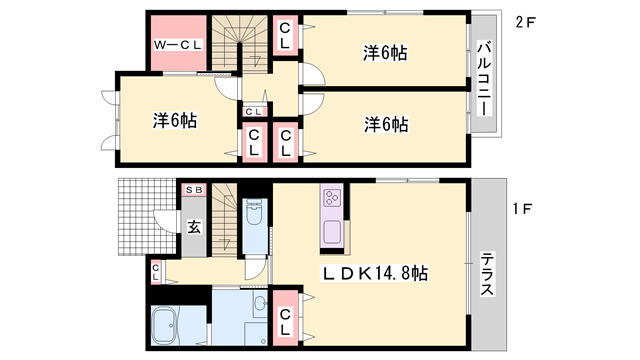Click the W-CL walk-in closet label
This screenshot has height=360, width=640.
point(178,46)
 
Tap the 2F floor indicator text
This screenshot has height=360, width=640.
point(526,23)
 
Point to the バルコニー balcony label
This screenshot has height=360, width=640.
point(483,76)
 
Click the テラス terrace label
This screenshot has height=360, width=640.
point(486,273)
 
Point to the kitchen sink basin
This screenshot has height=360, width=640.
point(332,232)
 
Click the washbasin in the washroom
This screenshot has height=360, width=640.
point(259,304)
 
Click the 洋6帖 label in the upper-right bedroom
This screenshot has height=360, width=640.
point(384,53)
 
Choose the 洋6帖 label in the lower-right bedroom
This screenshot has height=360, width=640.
point(385,124)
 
